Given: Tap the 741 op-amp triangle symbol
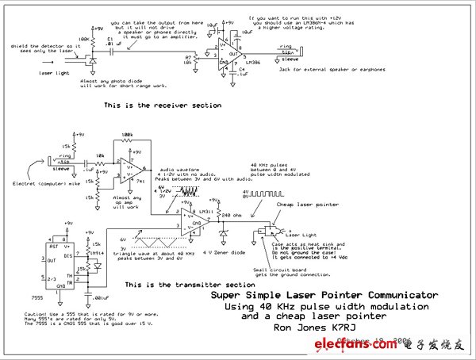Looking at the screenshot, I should [134, 169].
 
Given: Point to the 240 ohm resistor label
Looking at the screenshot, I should [231, 215].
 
